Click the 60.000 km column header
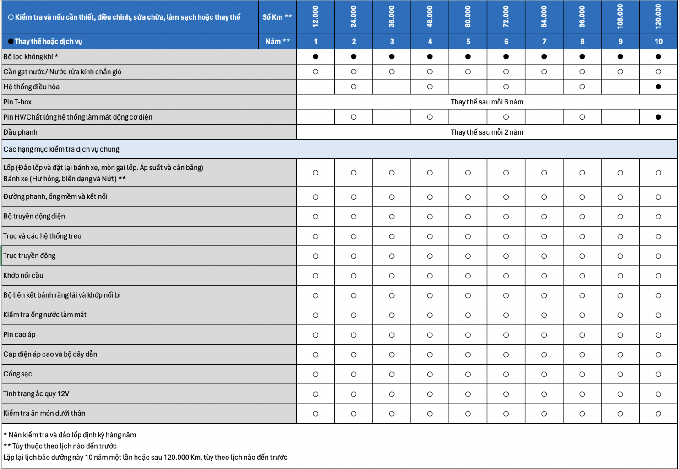point(468,17)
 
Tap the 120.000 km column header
point(658,17)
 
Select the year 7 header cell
point(544,41)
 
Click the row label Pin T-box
point(17,102)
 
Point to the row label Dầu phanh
point(21,132)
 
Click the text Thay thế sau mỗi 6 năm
point(487,102)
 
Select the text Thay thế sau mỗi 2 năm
point(487,132)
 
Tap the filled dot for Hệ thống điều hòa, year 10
point(658,87)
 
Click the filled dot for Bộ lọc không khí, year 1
point(315,56)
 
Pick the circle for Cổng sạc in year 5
point(468,374)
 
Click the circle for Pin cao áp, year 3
point(391,335)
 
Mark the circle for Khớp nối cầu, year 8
point(582,276)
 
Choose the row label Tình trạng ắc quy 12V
point(37,393)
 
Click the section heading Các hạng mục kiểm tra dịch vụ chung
point(61,149)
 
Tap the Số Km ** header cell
point(277,17)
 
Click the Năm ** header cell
point(277,41)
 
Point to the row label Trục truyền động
point(29,256)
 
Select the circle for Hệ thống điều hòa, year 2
point(353,87)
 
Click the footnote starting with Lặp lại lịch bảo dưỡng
point(145,457)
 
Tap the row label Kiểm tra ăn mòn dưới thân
point(44,413)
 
